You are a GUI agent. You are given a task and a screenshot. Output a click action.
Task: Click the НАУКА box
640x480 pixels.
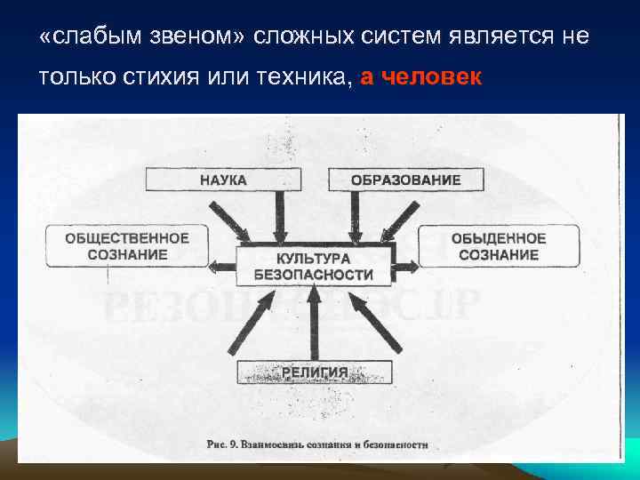(x=223, y=180)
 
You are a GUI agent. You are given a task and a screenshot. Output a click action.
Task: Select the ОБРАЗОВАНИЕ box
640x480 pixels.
(x=405, y=180)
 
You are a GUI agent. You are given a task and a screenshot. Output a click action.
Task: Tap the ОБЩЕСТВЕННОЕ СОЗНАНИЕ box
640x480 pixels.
(x=127, y=246)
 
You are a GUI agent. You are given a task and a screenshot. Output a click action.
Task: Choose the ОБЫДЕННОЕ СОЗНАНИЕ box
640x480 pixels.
(x=498, y=246)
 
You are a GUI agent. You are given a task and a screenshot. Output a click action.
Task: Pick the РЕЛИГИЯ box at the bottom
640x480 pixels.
(x=314, y=372)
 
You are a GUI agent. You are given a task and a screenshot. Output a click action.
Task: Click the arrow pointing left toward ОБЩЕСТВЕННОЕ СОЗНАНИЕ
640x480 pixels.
(x=222, y=265)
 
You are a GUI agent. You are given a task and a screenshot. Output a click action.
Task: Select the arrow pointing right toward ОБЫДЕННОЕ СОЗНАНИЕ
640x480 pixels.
(x=404, y=265)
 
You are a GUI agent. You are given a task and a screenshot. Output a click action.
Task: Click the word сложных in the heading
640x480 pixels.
(x=302, y=38)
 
